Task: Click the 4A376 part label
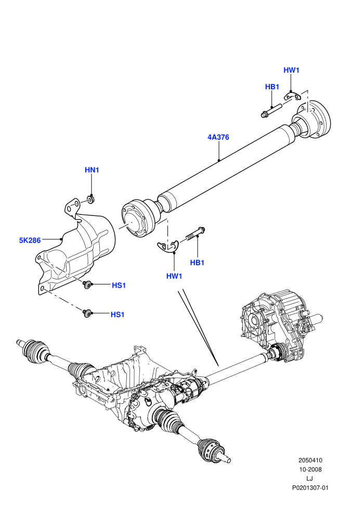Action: (x=218, y=137)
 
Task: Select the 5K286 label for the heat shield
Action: (x=30, y=240)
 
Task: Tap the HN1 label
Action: (x=92, y=170)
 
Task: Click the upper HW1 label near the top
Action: (x=292, y=70)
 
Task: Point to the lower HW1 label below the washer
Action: (x=174, y=276)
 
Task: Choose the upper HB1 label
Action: (x=272, y=87)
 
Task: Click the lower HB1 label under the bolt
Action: (x=197, y=263)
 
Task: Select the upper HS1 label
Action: (x=119, y=285)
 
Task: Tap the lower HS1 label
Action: (x=118, y=314)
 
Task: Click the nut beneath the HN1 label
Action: (x=91, y=199)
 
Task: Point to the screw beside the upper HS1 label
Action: (x=87, y=284)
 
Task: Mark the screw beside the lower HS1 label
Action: (x=87, y=314)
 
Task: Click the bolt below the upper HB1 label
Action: (x=272, y=110)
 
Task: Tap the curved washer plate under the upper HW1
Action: (x=292, y=97)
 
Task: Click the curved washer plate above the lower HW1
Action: (x=167, y=246)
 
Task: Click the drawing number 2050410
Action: (x=310, y=460)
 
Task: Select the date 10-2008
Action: (x=310, y=469)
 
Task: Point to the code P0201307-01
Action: (x=310, y=488)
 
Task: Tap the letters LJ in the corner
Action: (x=309, y=479)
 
